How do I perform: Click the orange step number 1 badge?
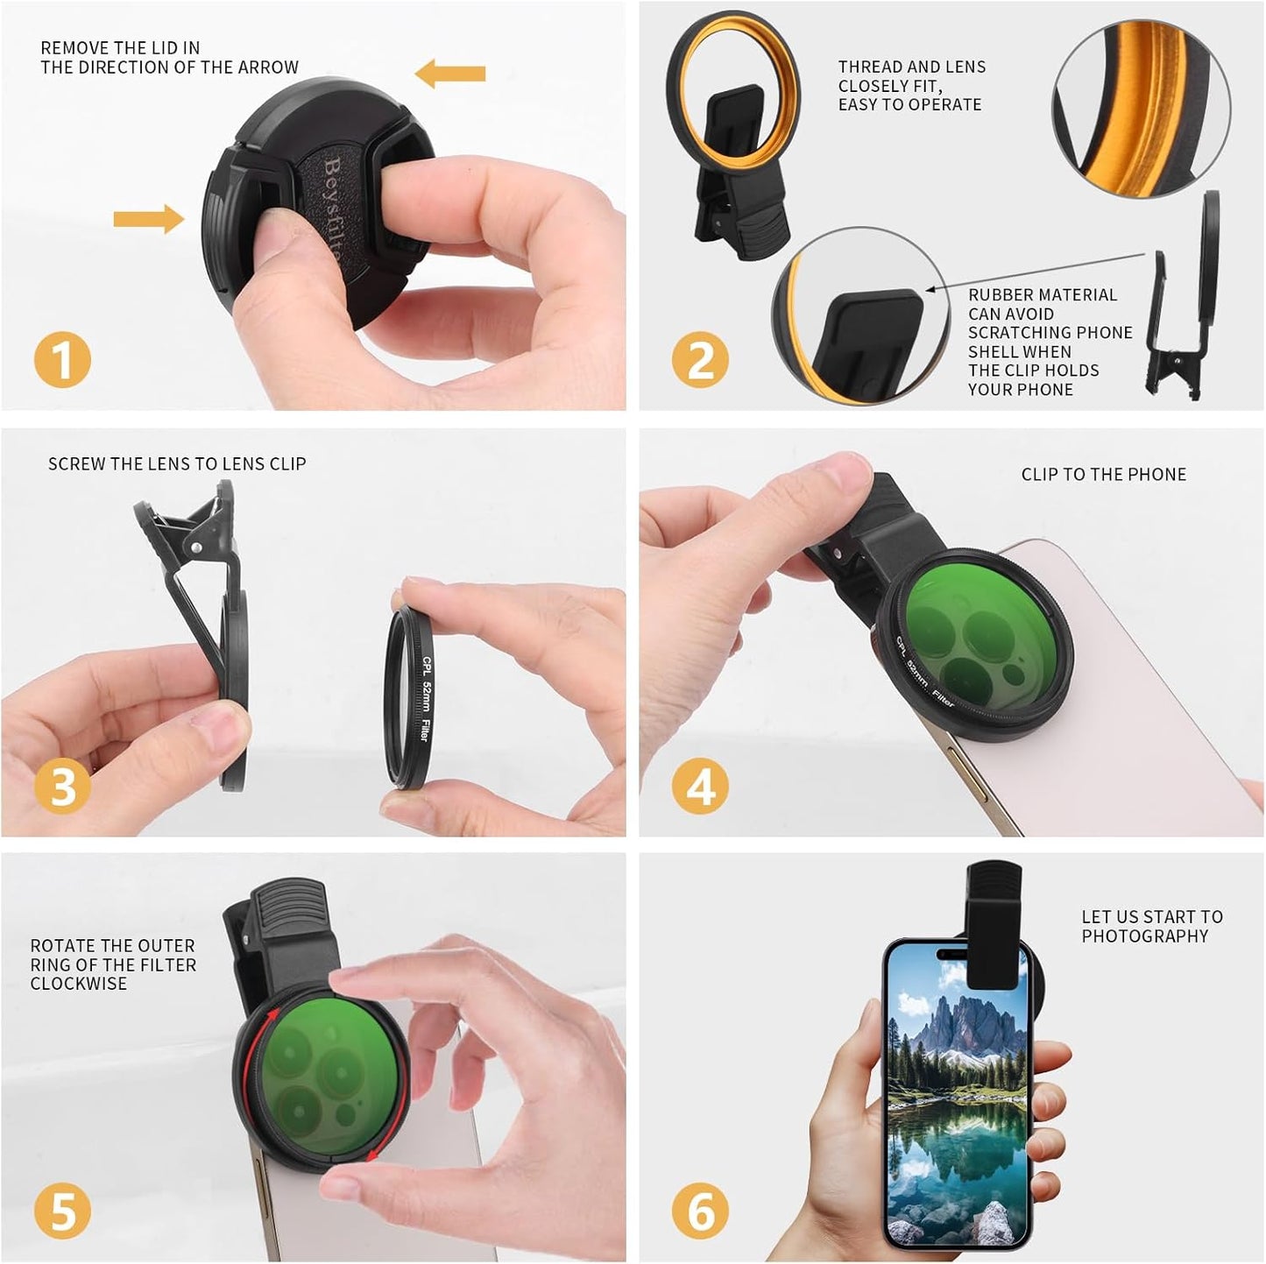click(62, 360)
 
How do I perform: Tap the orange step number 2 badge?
click(700, 360)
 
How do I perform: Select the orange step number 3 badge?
click(62, 785)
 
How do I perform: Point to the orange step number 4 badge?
click(700, 785)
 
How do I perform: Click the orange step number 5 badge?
click(62, 1211)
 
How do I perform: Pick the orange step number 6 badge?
click(700, 1211)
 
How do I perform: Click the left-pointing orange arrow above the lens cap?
click(449, 74)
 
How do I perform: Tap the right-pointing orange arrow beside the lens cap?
click(148, 218)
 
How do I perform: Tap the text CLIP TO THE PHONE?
click(1103, 475)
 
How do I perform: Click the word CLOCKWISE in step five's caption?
click(79, 984)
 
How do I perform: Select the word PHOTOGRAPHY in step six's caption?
click(1144, 936)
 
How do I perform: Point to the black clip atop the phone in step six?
click(994, 920)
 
